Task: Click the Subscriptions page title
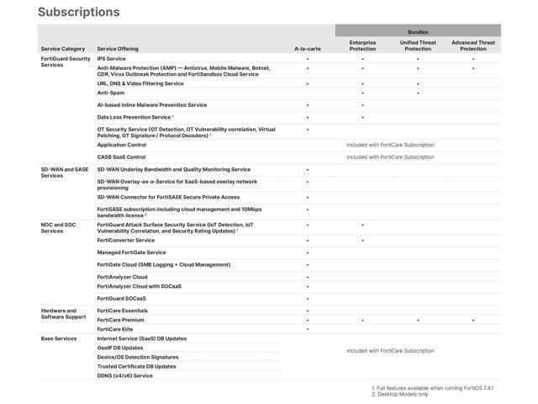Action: click(x=79, y=13)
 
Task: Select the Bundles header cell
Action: click(x=418, y=31)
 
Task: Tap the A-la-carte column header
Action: click(x=307, y=49)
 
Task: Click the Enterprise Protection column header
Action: click(x=362, y=45)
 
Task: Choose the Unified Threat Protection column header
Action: click(x=418, y=45)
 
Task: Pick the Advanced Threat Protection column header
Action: click(x=473, y=45)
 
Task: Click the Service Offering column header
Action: click(x=118, y=49)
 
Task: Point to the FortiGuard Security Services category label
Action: click(x=66, y=61)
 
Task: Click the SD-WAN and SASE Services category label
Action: click(x=65, y=173)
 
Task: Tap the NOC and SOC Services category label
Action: click(x=59, y=227)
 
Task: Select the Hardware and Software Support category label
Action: click(x=64, y=314)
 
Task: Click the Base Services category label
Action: click(x=59, y=338)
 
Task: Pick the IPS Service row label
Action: click(x=111, y=59)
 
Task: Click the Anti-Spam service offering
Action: click(x=110, y=93)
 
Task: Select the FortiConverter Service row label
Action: click(x=126, y=241)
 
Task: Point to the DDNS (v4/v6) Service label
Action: click(x=125, y=375)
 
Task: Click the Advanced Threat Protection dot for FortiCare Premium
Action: click(x=473, y=321)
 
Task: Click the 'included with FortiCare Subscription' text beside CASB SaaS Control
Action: click(x=390, y=157)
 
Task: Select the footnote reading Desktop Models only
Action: click(x=402, y=394)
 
